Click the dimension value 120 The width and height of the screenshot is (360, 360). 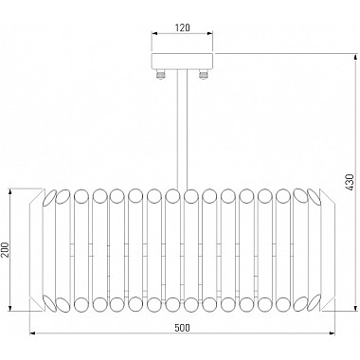pyautogui.click(x=183, y=27)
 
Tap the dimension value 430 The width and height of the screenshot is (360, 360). pyautogui.click(x=350, y=182)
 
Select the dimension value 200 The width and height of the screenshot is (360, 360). pyautogui.click(x=5, y=250)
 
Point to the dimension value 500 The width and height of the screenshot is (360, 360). pyautogui.click(x=183, y=328)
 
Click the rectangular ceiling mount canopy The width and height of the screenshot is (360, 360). pyautogui.click(x=183, y=61)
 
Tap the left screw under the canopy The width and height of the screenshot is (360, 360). pyautogui.click(x=161, y=74)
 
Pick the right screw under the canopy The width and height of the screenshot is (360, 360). pyautogui.click(x=203, y=74)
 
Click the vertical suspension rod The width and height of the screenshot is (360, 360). pyautogui.click(x=182, y=131)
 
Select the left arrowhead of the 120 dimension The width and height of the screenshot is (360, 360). pyautogui.click(x=154, y=33)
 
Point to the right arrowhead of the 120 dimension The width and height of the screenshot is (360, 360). pyautogui.click(x=210, y=33)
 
